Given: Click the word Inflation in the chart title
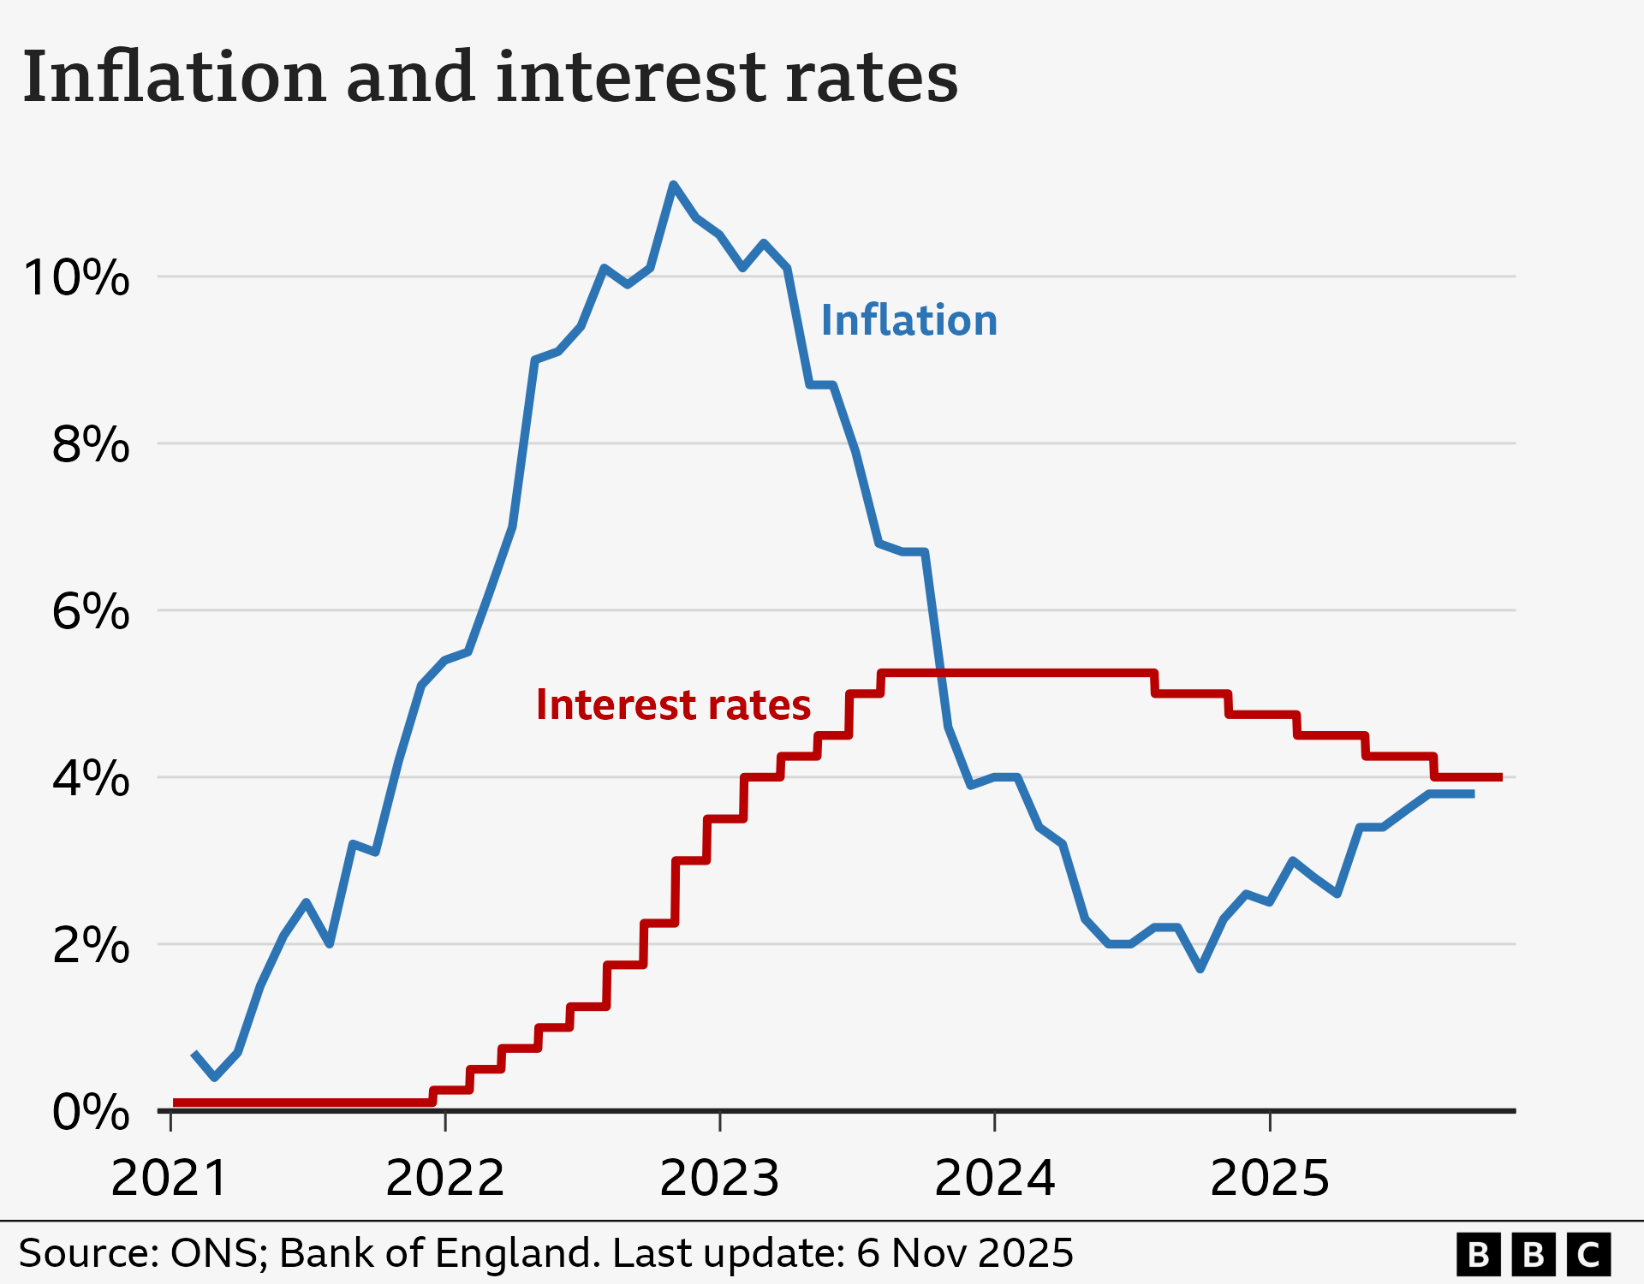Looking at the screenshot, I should point(174,77).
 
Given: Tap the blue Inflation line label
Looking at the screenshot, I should point(908,321).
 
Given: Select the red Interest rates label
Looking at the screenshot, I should point(673,705).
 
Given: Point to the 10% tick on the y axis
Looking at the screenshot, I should point(77,278).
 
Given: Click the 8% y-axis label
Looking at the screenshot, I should point(91,445).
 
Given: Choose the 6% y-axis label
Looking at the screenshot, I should point(91,612).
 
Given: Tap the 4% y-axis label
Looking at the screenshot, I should point(91,779).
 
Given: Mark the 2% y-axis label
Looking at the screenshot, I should point(91,946).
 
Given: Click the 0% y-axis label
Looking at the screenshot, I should point(91,1113).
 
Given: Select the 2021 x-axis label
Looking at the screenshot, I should point(170,1179).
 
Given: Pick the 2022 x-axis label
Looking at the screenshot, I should point(444,1179).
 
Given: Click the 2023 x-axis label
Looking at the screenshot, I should point(719,1179).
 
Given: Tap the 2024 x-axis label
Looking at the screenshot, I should point(994,1179).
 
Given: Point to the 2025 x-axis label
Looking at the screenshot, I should point(1269,1179).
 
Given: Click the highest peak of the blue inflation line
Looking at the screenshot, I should point(673,184).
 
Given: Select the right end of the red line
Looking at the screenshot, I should point(1500,777).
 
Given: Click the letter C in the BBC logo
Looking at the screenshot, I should point(1588,1255).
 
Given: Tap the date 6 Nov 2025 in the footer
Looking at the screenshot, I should point(964,1253).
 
